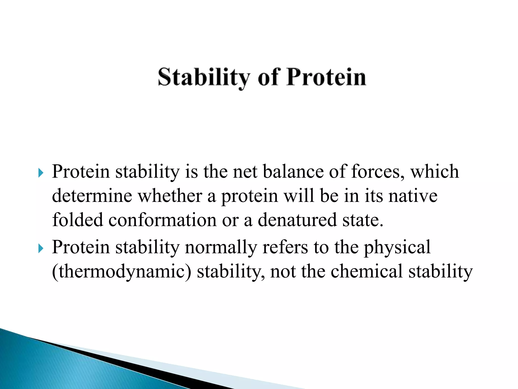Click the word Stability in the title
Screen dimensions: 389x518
click(204, 77)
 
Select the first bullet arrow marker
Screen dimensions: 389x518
click(41, 173)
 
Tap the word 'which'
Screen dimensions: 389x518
click(434, 172)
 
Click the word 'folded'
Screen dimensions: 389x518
click(77, 220)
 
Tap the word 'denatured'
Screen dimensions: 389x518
click(297, 220)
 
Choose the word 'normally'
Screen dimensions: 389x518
click(221, 247)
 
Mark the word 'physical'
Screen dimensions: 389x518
click(397, 247)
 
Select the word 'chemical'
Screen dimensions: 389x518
click(366, 271)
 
